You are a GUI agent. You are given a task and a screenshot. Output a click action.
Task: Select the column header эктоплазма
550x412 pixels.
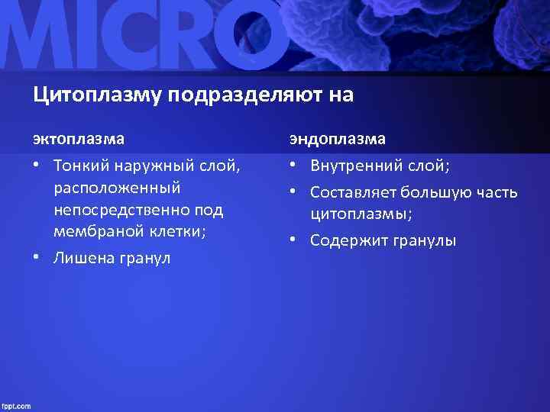(79, 139)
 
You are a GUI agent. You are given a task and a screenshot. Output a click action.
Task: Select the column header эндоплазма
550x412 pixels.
(337, 139)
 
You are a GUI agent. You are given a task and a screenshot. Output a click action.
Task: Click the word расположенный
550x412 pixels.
(117, 187)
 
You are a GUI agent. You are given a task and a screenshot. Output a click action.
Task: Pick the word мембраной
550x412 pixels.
(95, 231)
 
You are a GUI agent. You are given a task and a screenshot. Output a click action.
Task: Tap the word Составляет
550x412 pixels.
(354, 192)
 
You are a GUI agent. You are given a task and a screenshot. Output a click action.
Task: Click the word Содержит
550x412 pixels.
(347, 241)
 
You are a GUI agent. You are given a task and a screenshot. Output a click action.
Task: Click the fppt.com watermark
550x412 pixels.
(16, 405)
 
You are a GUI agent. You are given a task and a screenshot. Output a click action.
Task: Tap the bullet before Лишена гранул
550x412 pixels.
(36, 259)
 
